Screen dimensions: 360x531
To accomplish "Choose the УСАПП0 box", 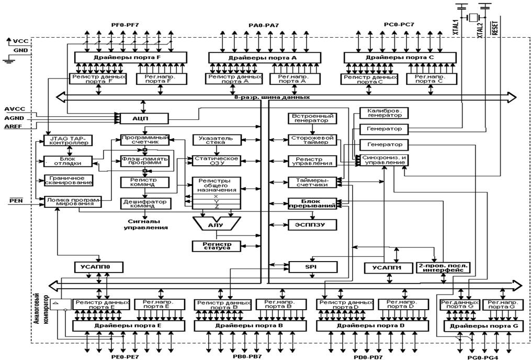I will [98, 267].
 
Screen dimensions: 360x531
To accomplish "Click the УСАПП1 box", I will [386, 267].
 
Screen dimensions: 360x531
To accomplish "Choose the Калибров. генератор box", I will [384, 113].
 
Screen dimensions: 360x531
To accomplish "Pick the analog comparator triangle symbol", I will [56, 303].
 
